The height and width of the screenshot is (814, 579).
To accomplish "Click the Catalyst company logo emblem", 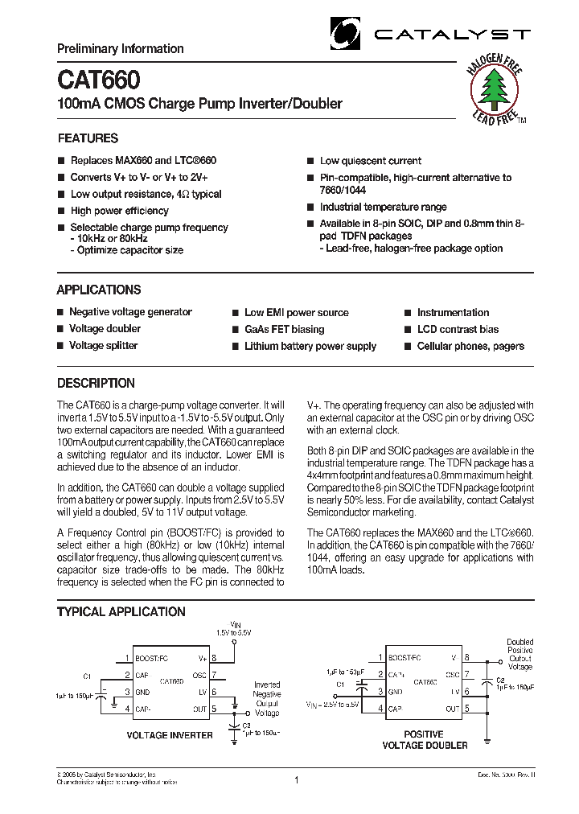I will click(347, 33).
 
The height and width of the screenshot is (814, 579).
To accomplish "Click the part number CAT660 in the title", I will click(98, 80).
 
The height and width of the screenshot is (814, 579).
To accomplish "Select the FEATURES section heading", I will click(88, 138).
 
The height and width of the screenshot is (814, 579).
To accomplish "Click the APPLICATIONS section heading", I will click(98, 290).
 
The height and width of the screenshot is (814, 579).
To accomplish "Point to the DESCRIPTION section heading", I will click(96, 384).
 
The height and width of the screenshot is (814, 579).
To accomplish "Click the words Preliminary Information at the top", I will click(120, 49).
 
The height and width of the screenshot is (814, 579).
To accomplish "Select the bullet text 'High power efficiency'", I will click(120, 211).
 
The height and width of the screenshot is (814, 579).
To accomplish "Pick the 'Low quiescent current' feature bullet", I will click(370, 161).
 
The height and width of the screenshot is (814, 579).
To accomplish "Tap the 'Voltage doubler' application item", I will click(105, 329).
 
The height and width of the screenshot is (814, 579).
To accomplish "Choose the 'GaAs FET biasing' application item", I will click(284, 330).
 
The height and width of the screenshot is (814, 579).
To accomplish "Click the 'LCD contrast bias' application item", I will click(458, 330).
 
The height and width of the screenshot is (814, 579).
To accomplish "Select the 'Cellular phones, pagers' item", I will click(470, 347).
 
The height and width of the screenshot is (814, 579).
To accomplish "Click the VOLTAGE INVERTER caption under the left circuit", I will click(170, 735).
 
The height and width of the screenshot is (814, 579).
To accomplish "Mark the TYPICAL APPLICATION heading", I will click(121, 612).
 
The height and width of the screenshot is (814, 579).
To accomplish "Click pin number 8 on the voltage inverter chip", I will click(215, 658).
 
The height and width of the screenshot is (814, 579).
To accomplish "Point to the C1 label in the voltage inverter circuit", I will click(88, 676).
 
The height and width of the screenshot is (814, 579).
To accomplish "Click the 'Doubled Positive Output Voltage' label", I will click(519, 655).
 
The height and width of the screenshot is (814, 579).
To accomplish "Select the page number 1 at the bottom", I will click(297, 779).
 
